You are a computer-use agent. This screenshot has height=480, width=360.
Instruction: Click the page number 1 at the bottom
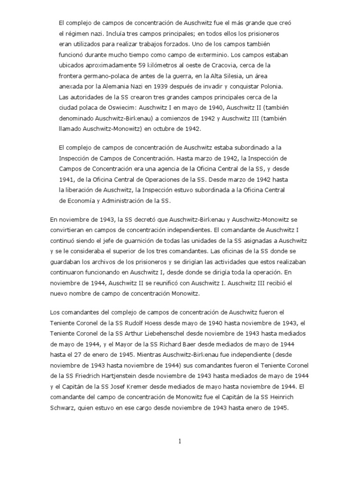(x=180, y=441)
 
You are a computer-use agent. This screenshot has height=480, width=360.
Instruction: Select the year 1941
(x=67, y=179)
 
